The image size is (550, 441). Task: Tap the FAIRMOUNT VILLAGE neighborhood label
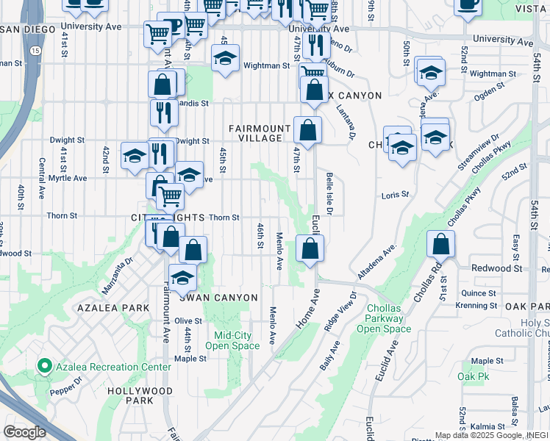tap(255, 133)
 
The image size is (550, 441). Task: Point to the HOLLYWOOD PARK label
tap(140, 395)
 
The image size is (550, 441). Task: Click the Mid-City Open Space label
tap(232, 340)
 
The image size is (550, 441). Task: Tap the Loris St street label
tap(394, 196)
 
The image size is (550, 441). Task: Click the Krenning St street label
tap(476, 305)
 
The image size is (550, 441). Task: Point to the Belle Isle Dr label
tap(329, 196)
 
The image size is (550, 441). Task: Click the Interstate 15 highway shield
tap(36, 50)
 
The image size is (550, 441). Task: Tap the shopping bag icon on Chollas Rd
tap(440, 244)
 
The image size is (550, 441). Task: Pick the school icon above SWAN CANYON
tap(182, 278)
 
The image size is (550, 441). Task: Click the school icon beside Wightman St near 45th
tap(225, 58)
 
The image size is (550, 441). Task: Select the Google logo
tap(24, 432)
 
